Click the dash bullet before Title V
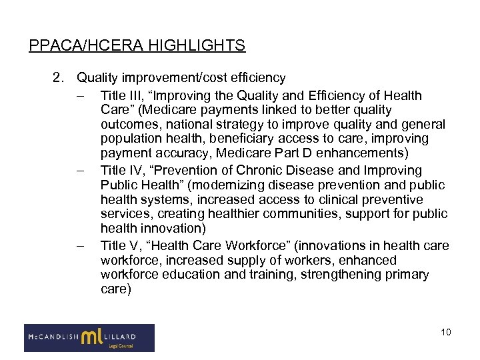point(81,246)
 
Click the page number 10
point(446,332)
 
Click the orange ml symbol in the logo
point(91,337)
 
